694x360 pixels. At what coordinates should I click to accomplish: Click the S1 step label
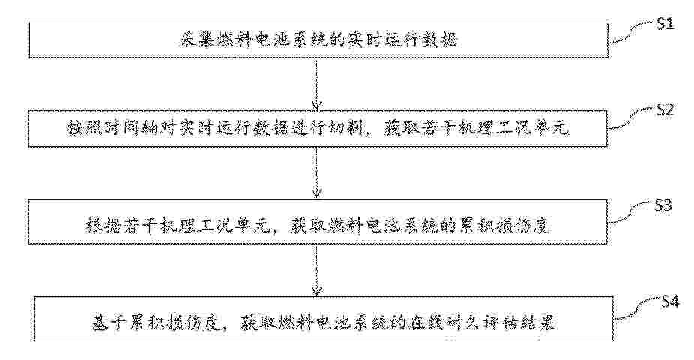point(665,23)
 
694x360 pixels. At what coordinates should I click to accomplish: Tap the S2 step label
point(665,109)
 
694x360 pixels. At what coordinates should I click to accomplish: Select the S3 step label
point(663,206)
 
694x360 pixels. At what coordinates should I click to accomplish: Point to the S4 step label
point(670,302)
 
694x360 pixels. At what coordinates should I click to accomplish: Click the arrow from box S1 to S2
point(316,84)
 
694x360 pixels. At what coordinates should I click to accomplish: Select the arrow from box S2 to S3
point(316,172)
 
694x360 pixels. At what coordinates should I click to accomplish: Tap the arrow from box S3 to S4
point(316,270)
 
